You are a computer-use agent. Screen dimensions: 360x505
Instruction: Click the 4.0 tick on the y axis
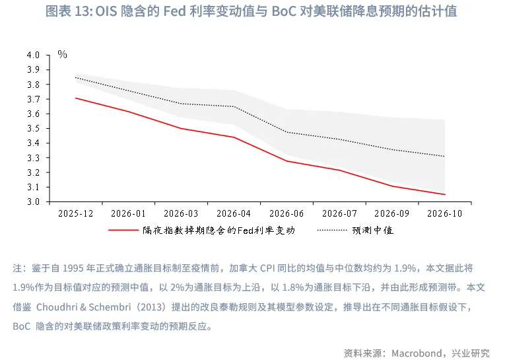point(34,55)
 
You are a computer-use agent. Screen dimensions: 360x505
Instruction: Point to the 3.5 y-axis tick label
point(34,128)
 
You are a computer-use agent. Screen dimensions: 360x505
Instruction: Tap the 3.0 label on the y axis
point(34,201)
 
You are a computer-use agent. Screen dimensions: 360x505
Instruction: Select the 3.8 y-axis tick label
point(34,85)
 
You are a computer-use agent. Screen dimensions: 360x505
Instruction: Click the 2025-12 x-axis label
point(75,214)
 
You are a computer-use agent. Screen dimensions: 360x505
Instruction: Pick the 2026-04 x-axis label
point(234,214)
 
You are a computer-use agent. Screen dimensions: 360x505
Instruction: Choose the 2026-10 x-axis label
point(444,214)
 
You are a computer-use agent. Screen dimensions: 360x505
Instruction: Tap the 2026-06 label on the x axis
point(286,214)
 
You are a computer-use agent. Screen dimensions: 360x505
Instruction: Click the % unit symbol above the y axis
point(63,55)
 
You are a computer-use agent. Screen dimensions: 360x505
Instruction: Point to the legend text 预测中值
point(372,231)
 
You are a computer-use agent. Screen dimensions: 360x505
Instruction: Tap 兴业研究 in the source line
point(471,351)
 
